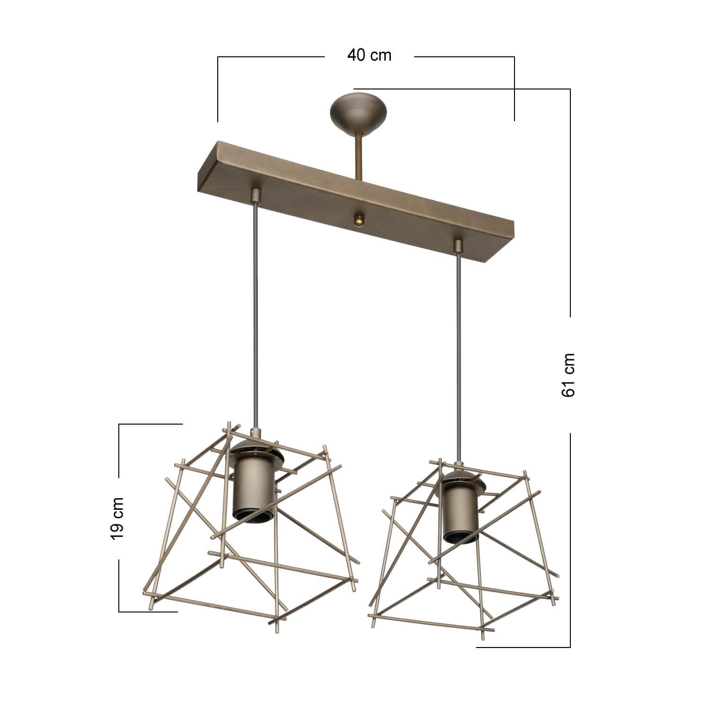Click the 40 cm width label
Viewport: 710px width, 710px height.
pos(369,55)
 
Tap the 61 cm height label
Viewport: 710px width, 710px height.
pos(568,375)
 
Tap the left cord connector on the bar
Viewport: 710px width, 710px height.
pos(256,195)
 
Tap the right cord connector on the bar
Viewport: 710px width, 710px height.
pos(458,246)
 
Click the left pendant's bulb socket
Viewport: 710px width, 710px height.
pos(253,488)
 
